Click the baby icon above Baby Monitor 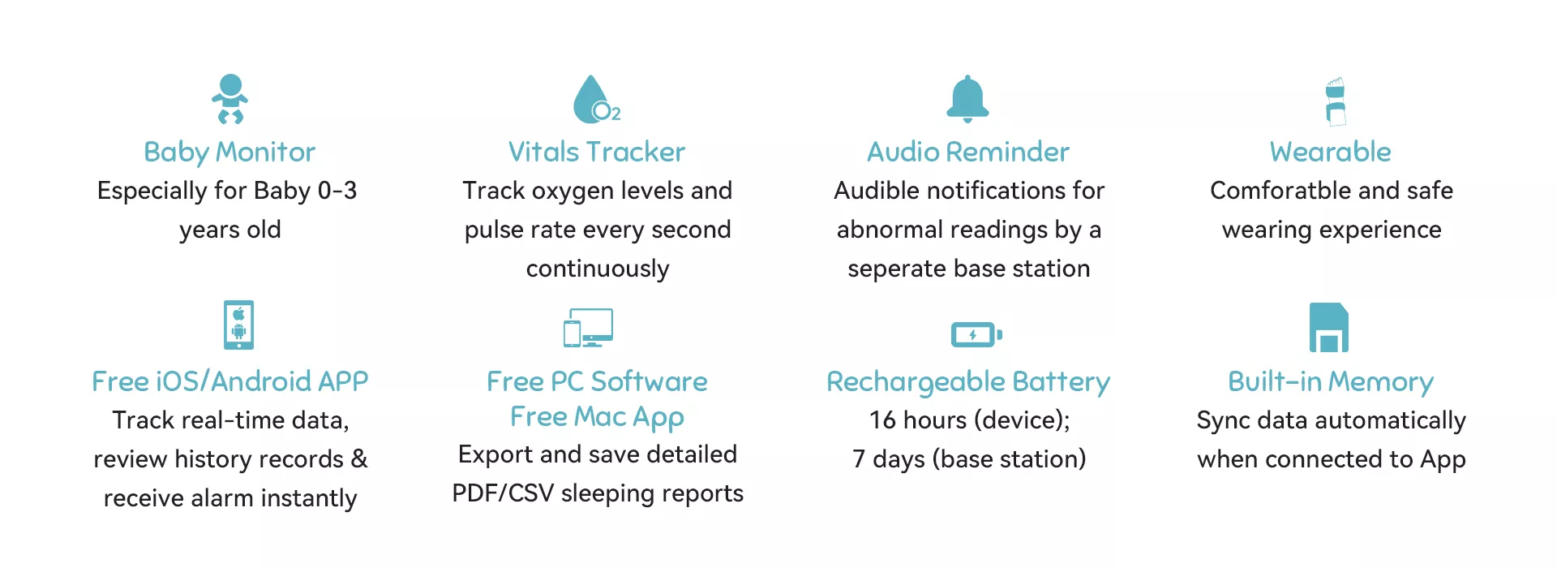[230, 98]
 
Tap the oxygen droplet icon [596, 99]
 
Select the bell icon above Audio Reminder [967, 99]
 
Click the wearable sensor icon [1335, 101]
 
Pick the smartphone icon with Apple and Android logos [238, 325]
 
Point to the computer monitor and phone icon [588, 328]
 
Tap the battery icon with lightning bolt [976, 334]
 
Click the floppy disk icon [1329, 327]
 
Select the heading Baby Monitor [229, 153]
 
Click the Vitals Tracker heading [597, 152]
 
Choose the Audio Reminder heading [968, 152]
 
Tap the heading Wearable [1331, 152]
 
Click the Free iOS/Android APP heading [230, 381]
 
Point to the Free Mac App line [597, 417]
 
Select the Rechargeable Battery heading [968, 382]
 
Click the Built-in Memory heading [1331, 382]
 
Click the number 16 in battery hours [883, 420]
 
